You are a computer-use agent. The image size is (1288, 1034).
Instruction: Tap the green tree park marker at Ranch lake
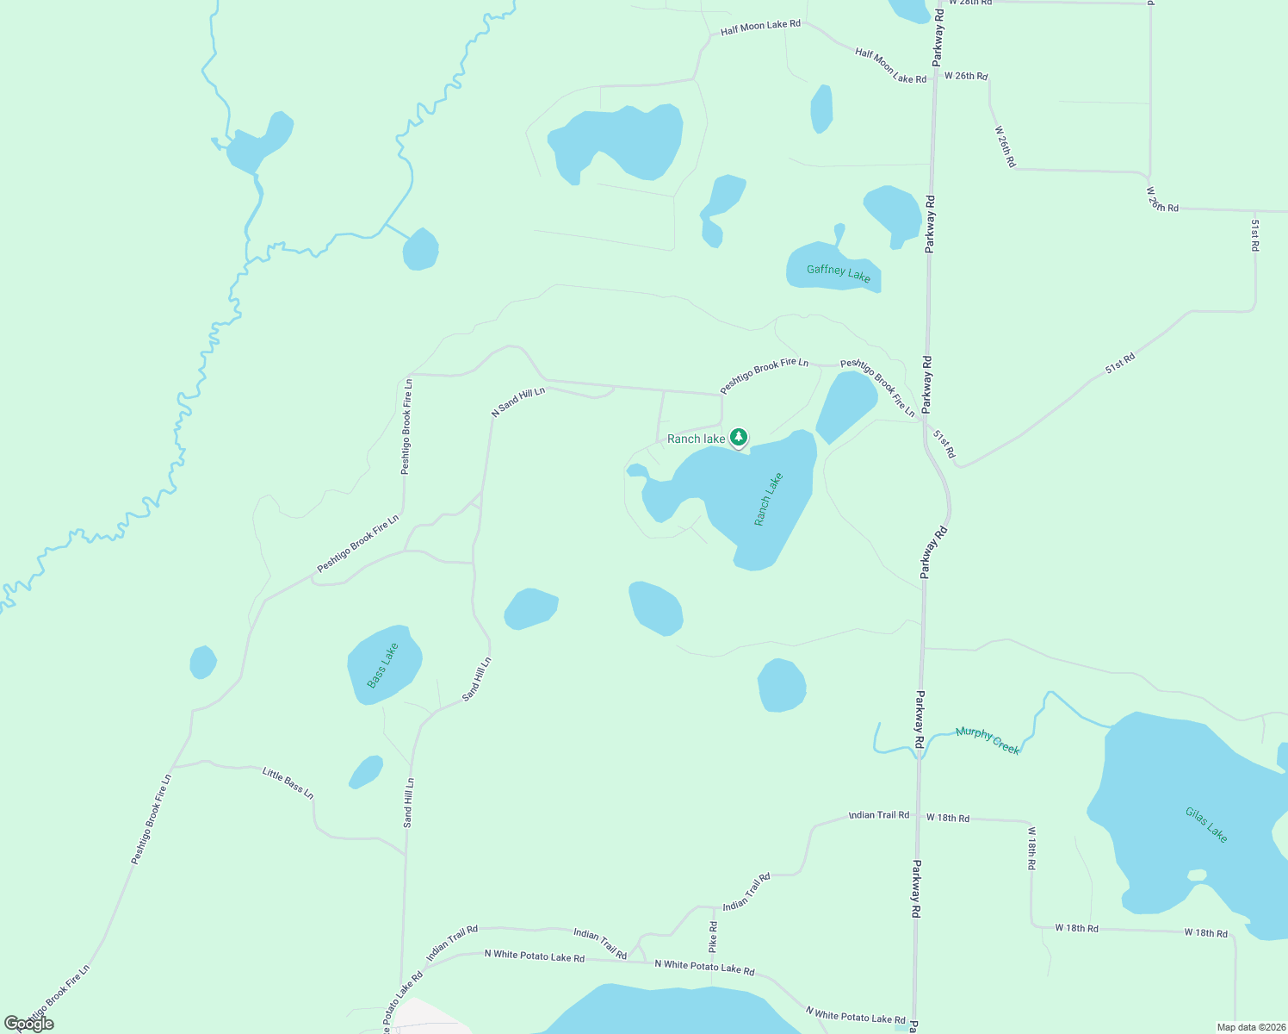(739, 438)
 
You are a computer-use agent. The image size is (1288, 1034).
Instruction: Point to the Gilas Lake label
(1206, 825)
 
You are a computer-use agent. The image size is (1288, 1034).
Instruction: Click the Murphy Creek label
(988, 740)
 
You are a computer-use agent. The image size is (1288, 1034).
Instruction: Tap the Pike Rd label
(713, 936)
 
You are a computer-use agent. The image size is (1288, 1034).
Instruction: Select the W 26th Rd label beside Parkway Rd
(965, 76)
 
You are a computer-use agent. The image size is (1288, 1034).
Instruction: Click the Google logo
(29, 1023)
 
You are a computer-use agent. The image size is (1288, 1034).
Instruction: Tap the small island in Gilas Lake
(1197, 875)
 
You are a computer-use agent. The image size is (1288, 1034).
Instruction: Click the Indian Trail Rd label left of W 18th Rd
(878, 814)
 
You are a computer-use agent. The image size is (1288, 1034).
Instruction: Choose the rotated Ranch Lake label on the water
(768, 499)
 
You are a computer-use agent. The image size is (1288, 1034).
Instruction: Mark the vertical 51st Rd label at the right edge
(1254, 235)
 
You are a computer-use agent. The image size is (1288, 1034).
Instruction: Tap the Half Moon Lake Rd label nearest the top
(760, 27)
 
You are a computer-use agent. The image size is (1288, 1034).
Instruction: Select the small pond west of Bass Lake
(202, 662)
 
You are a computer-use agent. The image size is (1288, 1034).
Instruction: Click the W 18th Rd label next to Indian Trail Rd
(947, 818)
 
